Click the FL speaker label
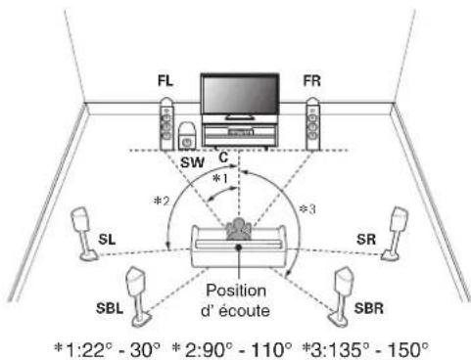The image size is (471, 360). click(x=165, y=81)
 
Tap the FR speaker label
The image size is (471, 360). click(x=311, y=81)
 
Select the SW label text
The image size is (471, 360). click(x=193, y=162)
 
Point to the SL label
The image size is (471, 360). click(x=107, y=240)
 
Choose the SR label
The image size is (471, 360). click(x=366, y=240)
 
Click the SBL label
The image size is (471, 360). click(x=110, y=308)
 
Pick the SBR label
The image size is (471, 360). click(x=369, y=308)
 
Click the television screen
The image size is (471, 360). click(x=240, y=95)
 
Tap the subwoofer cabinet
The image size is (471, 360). click(x=187, y=136)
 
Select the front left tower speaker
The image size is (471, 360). click(x=166, y=124)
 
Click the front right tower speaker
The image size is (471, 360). click(x=312, y=124)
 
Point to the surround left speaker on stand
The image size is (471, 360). click(x=83, y=234)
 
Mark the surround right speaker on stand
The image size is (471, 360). click(x=396, y=234)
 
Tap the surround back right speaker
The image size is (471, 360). click(x=341, y=296)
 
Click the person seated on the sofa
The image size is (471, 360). click(x=239, y=229)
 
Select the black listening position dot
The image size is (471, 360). click(x=239, y=247)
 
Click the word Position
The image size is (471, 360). click(x=236, y=291)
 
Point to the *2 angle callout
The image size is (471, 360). click(x=162, y=201)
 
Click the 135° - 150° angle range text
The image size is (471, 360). click(x=369, y=350)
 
